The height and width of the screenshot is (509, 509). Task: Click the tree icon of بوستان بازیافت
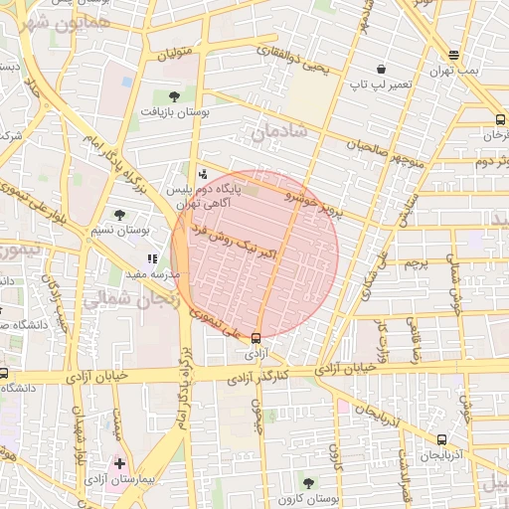(175, 96)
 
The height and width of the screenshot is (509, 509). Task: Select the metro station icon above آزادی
(257, 338)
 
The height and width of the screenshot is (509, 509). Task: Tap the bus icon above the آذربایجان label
(441, 438)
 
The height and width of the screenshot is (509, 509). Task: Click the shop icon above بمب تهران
(454, 56)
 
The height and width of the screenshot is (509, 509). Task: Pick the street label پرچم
(416, 264)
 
